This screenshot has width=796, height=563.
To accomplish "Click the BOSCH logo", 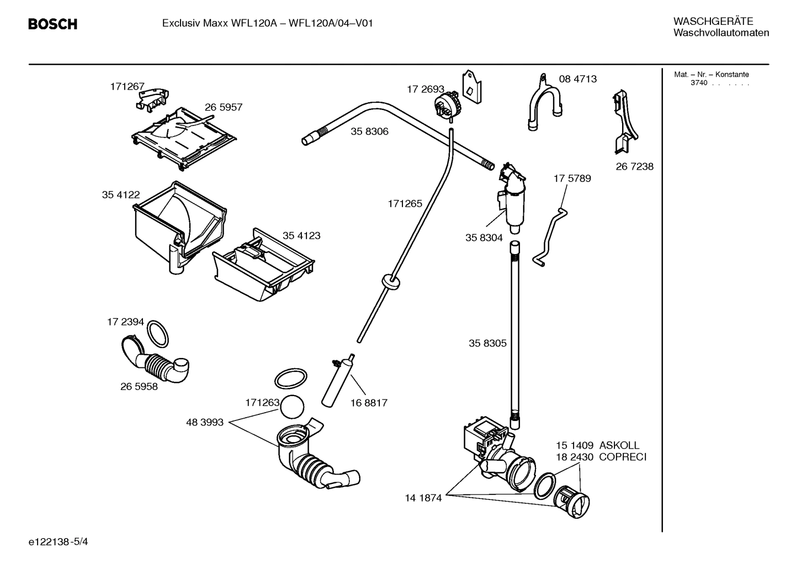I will click(52, 24).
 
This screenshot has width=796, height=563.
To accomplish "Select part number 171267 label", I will click(127, 86).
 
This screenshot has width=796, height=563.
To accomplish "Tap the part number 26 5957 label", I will click(224, 107).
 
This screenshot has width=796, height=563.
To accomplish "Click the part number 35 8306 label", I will click(369, 131).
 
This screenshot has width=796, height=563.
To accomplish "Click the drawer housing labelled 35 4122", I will click(177, 221).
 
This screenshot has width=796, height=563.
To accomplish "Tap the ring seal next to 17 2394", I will click(158, 333).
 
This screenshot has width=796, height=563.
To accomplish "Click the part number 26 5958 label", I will click(139, 387).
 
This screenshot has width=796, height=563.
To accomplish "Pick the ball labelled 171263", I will click(292, 407).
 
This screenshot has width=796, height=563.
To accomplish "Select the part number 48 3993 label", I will click(205, 423).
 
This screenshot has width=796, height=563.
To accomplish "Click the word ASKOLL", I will click(619, 445).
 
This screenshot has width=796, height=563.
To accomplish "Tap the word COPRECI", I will click(622, 457).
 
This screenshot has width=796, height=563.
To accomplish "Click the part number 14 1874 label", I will click(423, 498).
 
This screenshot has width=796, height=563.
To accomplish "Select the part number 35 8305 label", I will click(487, 343).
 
